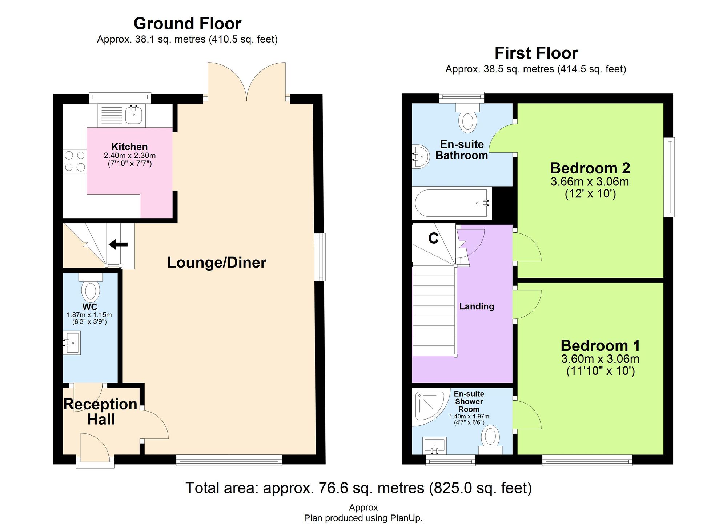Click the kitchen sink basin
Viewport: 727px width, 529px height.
pyautogui.click(x=134, y=115)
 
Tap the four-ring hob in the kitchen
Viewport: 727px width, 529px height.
pyautogui.click(x=75, y=161)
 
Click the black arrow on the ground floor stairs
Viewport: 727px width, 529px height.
pyautogui.click(x=119, y=244)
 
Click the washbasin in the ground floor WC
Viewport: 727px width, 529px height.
pyautogui.click(x=73, y=342)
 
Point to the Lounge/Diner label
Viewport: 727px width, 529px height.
pyautogui.click(x=217, y=263)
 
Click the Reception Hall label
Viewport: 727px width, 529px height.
pyautogui.click(x=101, y=412)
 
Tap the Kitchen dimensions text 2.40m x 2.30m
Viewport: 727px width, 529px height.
pyautogui.click(x=130, y=156)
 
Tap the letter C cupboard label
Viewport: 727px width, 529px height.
pyautogui.click(x=433, y=239)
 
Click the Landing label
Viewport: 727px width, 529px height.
pyautogui.click(x=477, y=306)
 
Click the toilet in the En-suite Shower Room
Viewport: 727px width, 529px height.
pyautogui.click(x=490, y=439)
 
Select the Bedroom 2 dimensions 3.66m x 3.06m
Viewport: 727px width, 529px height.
pyautogui.click(x=590, y=181)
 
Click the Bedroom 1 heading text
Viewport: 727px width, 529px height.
pyautogui.click(x=600, y=345)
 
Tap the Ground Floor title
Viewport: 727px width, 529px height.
pyautogui.click(x=187, y=24)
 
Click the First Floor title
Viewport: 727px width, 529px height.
pyautogui.click(x=536, y=53)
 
